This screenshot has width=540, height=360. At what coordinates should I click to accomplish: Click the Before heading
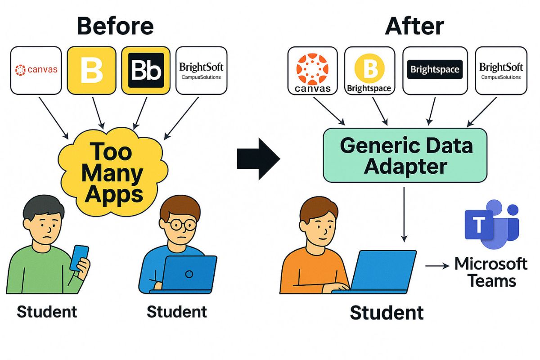115,26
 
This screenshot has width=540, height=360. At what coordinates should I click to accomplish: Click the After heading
414,26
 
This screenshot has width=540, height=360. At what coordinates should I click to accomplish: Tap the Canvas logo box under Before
36,70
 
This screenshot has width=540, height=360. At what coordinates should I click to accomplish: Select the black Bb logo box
146,70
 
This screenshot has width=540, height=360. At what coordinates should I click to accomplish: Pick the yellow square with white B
92,70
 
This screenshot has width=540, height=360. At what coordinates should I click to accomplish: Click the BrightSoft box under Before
201,70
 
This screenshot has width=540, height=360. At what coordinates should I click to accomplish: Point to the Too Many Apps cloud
113,172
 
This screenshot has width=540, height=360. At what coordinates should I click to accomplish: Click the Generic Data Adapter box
405,155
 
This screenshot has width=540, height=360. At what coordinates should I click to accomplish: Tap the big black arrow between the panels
258,159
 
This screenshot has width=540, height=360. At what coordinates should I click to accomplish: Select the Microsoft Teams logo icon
492,224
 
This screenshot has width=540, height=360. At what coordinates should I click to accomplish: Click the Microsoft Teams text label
491,272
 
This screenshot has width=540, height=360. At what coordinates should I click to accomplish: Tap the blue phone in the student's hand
79,258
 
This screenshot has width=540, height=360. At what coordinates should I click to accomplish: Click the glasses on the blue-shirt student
183,225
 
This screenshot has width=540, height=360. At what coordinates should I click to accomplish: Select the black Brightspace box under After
435,70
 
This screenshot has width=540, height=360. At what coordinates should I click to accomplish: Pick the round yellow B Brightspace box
369,70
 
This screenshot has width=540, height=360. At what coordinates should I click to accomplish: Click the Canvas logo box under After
313,70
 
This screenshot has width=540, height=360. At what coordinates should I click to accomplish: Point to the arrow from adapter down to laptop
404,215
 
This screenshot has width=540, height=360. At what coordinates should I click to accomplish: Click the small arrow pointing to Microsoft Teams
437,266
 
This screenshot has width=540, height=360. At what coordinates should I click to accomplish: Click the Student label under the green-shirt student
47,311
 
